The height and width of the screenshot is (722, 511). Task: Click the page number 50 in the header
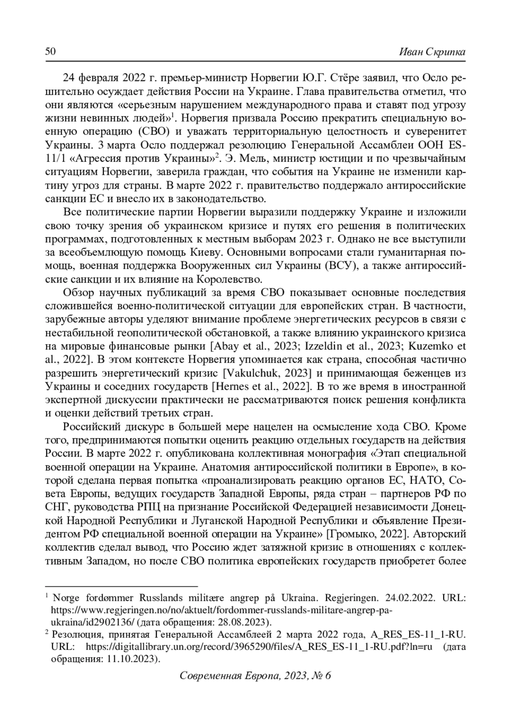pyautogui.click(x=50, y=52)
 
